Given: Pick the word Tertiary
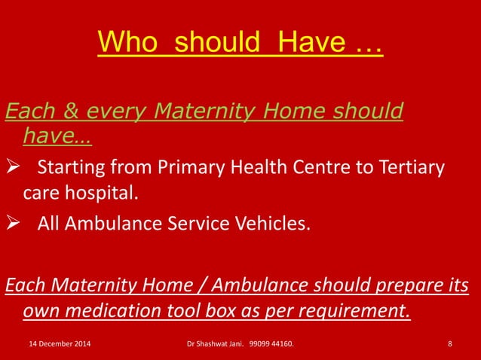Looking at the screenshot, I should coord(408,166).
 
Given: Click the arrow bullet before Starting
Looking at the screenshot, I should coord(13,167).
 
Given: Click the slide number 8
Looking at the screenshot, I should coord(449,345).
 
